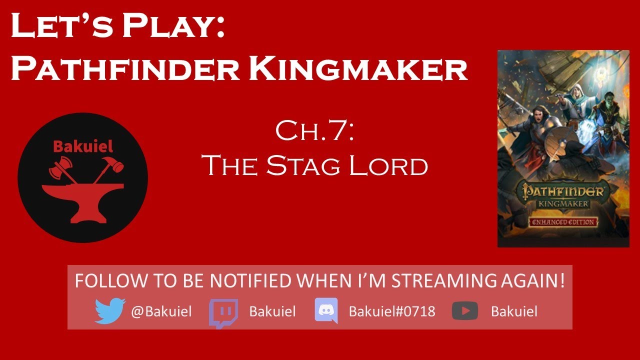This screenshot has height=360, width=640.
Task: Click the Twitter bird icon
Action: (109, 311)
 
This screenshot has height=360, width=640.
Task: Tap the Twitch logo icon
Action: (223, 312)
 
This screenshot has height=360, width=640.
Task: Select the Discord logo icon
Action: (326, 311)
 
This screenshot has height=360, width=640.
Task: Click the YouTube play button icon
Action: (464, 311)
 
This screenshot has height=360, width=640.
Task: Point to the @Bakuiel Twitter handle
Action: (161, 311)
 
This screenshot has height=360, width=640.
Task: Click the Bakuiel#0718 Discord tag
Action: (392, 311)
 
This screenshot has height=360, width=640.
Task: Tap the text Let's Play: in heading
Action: (117, 27)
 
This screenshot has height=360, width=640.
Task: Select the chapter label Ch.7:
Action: (315, 131)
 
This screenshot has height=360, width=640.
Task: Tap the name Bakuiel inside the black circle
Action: (82, 146)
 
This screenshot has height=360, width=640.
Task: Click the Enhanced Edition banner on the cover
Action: (563, 221)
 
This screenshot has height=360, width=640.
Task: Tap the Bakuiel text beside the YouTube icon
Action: (514, 311)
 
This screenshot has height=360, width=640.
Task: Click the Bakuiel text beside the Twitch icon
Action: (272, 311)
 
